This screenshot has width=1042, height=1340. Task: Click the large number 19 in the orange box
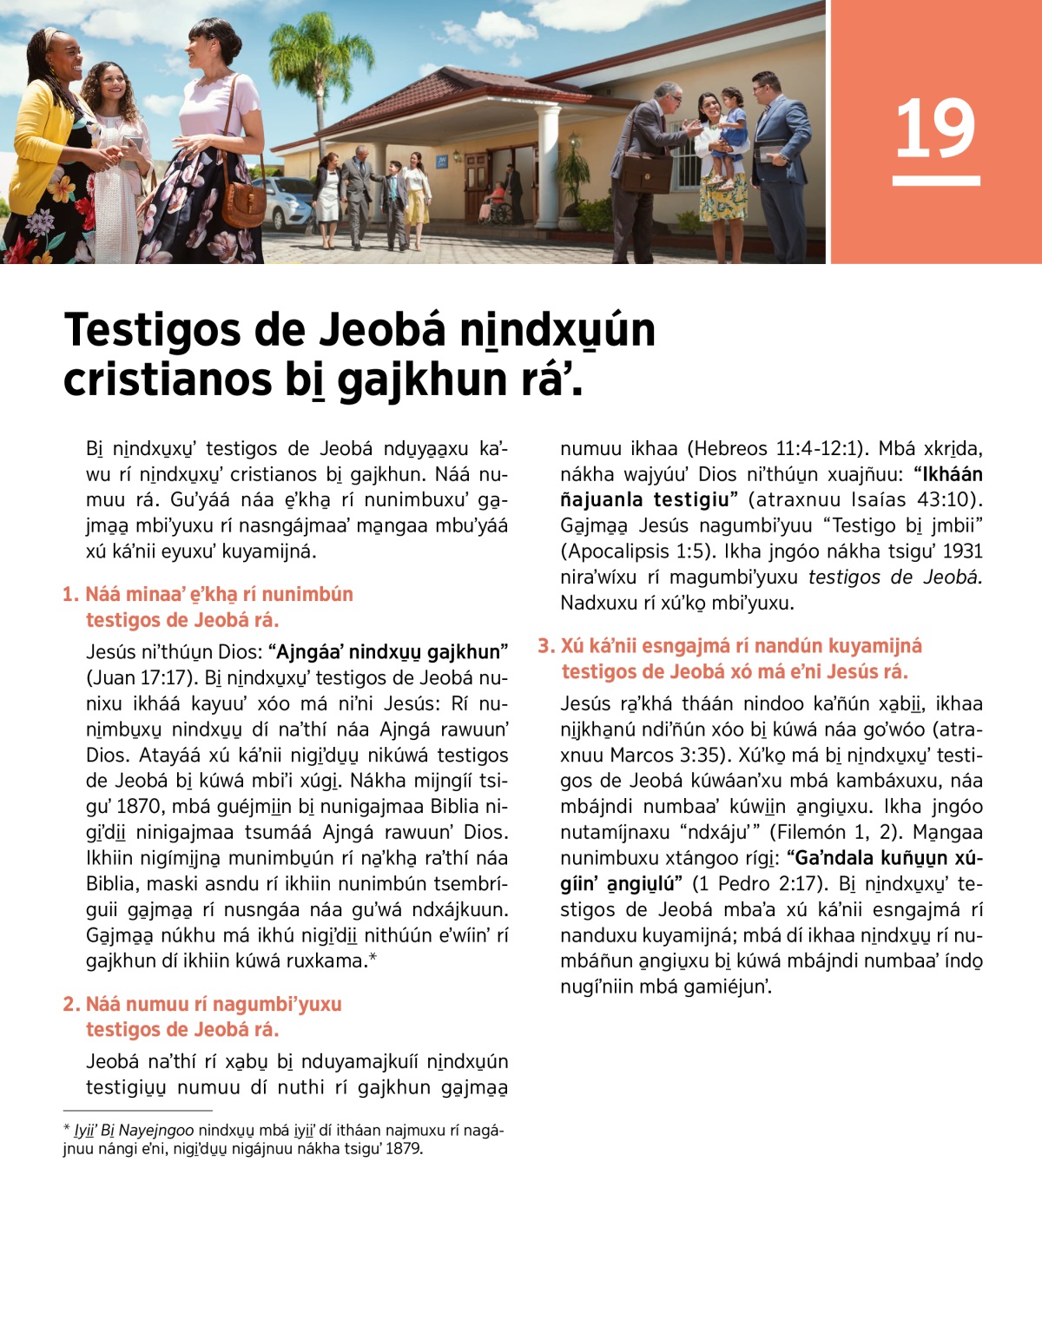[935, 130]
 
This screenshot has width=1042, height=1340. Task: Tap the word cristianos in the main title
[166, 380]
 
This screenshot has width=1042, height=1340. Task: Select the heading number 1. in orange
[71, 595]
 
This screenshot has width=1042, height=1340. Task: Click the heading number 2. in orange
[71, 1005]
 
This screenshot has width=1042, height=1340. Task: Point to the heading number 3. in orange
[546, 646]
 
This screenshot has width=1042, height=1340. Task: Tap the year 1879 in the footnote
[404, 1149]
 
